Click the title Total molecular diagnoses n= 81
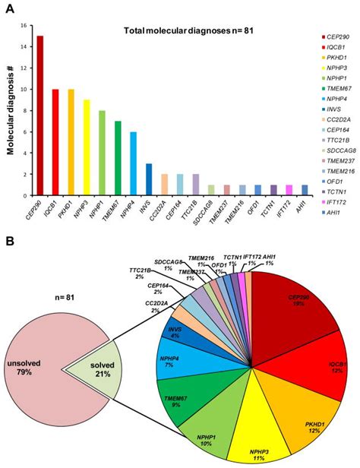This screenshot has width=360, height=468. coord(179,30)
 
